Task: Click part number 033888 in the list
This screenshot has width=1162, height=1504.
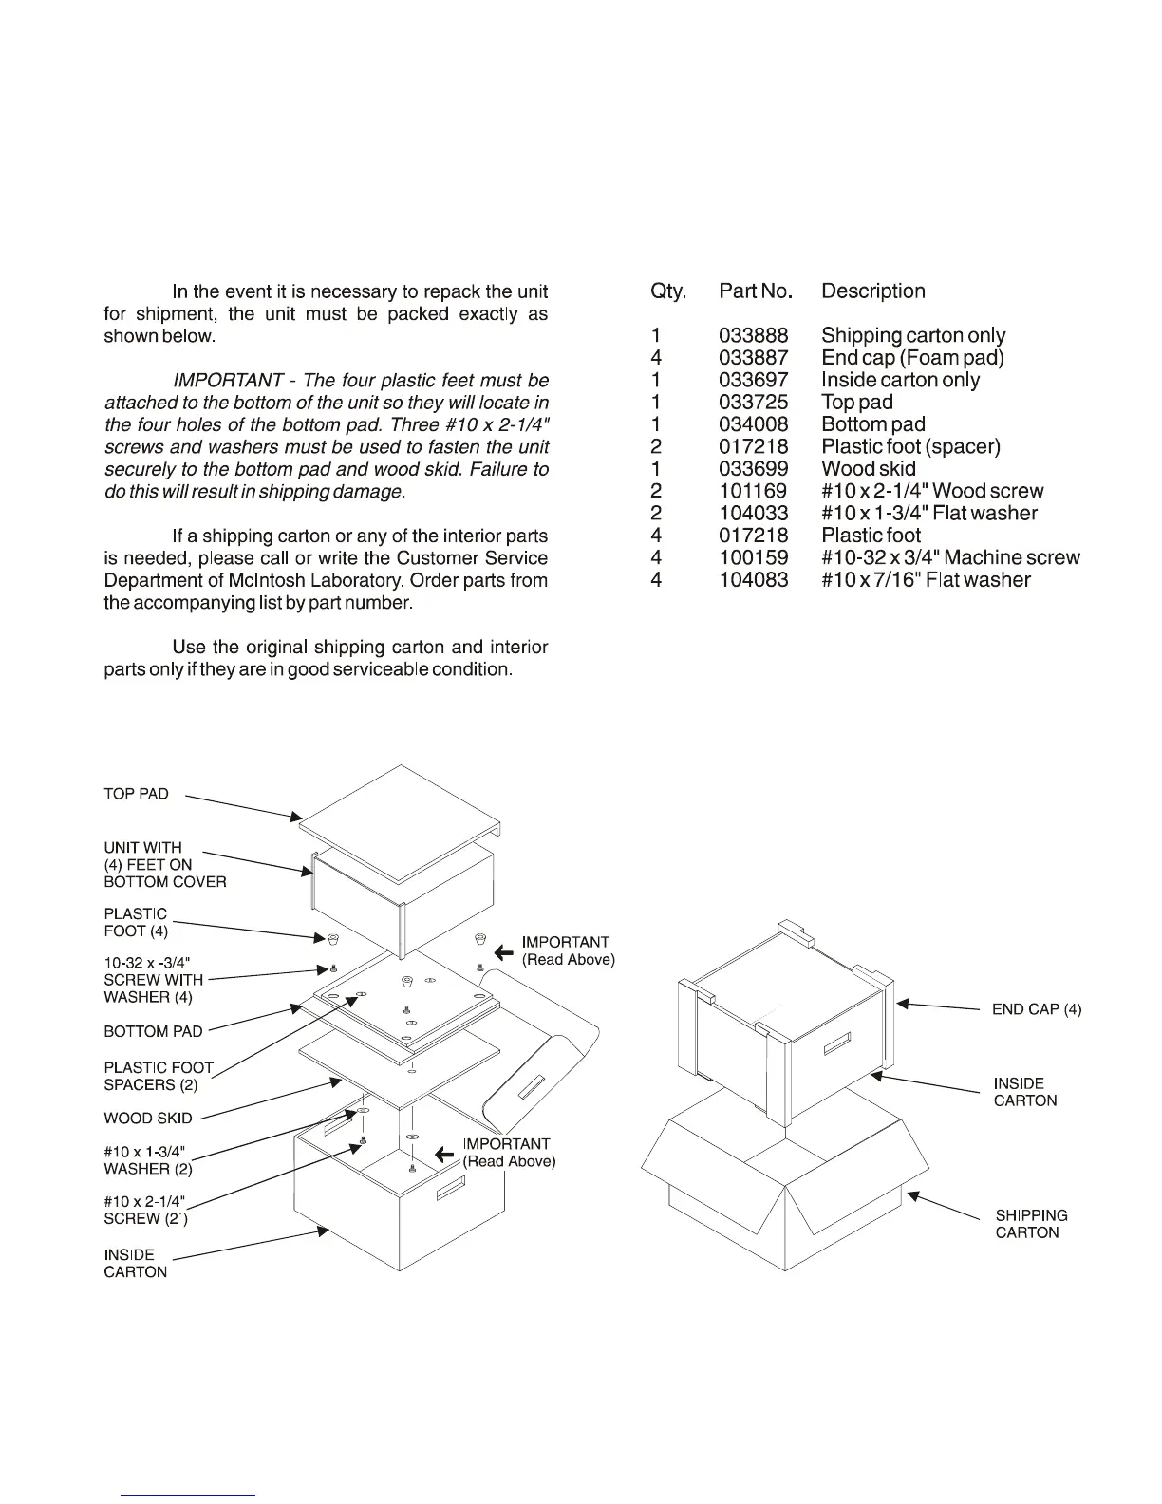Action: point(753,335)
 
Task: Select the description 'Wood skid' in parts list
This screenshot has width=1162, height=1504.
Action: point(869,468)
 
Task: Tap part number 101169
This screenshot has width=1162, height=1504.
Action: point(753,491)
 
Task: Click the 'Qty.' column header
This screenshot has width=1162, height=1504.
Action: point(668,291)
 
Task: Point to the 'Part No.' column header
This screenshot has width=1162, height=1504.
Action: point(756,291)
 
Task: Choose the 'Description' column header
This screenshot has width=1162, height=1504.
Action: point(873,291)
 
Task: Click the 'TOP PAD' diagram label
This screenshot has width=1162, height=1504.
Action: point(136,794)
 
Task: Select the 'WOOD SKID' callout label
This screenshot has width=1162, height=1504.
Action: point(147,1119)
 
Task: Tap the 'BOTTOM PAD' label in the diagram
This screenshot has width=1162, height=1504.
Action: point(153,1031)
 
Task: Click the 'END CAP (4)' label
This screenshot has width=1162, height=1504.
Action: point(1037,1009)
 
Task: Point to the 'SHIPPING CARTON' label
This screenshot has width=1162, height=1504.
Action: point(1031,1224)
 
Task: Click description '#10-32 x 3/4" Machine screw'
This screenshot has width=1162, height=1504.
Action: point(950,557)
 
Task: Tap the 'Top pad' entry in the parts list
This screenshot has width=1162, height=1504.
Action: point(857,402)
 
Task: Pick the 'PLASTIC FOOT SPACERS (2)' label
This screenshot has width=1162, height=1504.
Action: point(158,1076)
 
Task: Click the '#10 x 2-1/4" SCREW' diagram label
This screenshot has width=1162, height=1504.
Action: point(145,1210)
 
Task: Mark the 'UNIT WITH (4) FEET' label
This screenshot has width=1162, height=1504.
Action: point(164,864)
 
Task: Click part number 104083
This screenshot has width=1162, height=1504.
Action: point(753,579)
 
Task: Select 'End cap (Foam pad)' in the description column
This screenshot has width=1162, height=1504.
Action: point(912,357)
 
